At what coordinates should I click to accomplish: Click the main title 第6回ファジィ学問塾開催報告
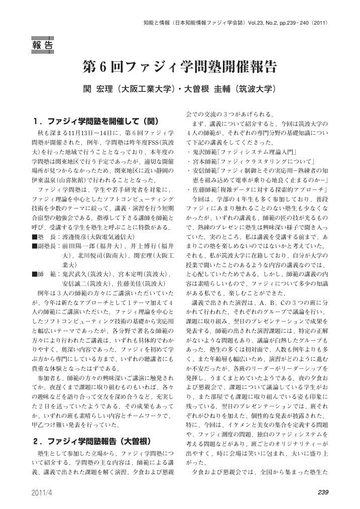(180, 67)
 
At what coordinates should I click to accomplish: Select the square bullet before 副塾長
(34, 246)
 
